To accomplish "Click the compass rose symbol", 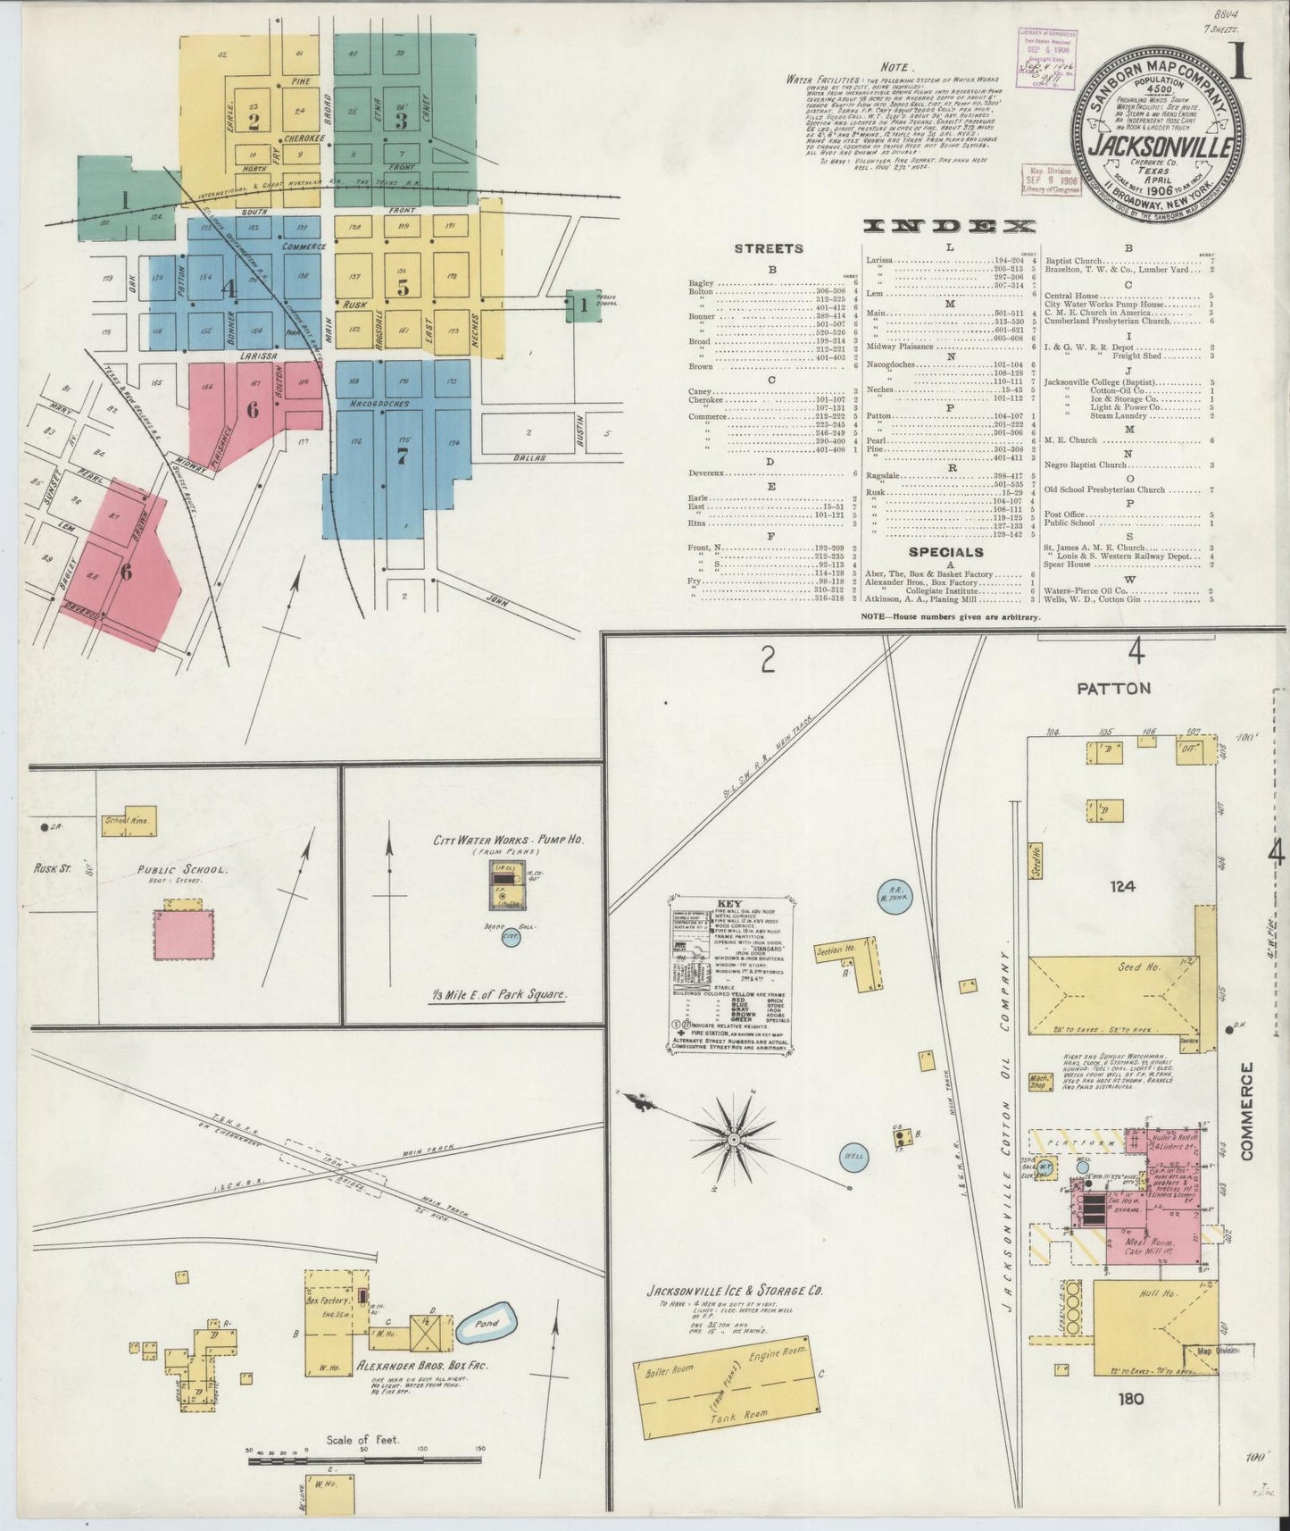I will [733, 1140].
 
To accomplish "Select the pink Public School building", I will [183, 934].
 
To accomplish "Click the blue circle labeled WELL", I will [853, 1156].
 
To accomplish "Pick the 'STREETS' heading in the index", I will [769, 248].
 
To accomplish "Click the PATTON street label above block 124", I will [1113, 688].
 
